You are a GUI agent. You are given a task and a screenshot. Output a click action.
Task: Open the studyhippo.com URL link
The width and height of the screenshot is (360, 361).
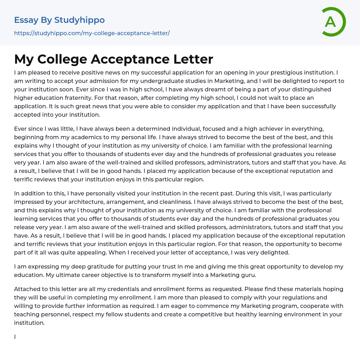92,33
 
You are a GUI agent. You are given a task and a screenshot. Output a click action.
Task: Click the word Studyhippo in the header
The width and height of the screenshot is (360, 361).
79,20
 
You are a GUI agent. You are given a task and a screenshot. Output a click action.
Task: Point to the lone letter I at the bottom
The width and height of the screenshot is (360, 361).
15,337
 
